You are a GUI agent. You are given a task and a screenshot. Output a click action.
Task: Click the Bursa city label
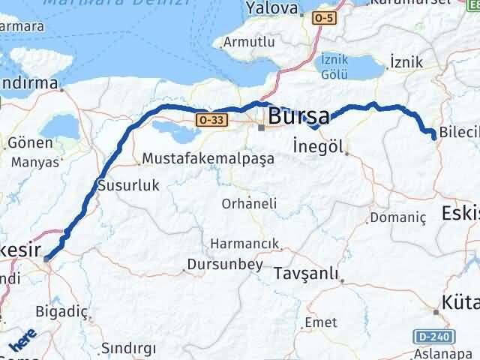point(298,116)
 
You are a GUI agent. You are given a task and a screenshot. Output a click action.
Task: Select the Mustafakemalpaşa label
point(193,159)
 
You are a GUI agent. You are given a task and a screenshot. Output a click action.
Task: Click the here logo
point(23,341)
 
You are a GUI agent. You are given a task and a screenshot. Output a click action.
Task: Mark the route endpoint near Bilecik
point(433,135)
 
